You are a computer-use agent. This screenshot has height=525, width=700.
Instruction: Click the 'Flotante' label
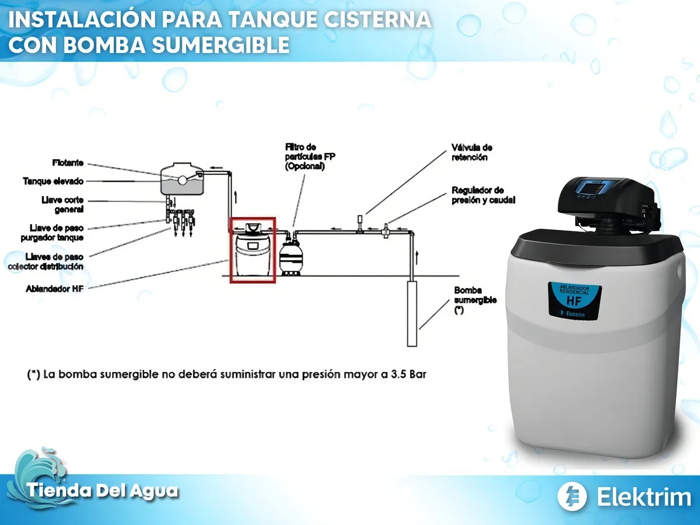68,163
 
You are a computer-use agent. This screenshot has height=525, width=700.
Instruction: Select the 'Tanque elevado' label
53,181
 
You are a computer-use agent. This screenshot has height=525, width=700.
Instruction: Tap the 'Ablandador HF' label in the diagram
54,289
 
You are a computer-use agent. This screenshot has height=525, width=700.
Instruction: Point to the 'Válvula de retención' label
472,152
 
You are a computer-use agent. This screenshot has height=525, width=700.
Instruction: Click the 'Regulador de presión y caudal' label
483,195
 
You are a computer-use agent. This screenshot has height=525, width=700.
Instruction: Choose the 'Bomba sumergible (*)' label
475,300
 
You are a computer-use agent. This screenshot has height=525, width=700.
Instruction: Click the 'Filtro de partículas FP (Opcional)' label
310,156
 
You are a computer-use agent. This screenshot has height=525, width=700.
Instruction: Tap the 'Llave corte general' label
62,205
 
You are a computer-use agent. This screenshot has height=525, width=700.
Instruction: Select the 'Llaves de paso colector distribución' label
46,261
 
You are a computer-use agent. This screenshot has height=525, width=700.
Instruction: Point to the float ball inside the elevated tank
182,180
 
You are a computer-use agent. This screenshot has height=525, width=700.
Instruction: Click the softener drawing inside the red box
253,250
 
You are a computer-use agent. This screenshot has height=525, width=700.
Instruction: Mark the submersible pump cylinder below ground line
412,313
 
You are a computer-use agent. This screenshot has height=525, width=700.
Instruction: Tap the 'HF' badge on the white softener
575,300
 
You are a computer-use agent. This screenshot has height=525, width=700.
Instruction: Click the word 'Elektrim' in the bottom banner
644,497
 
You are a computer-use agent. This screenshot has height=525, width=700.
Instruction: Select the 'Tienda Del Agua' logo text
102,490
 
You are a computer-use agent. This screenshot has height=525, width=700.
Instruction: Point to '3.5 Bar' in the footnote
408,374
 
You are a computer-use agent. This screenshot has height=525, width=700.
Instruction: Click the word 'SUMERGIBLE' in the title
220,45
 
